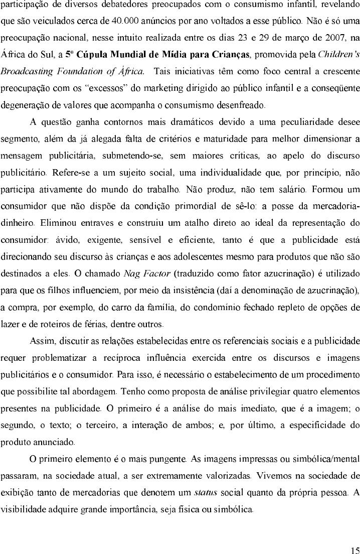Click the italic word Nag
tap(132, 274)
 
